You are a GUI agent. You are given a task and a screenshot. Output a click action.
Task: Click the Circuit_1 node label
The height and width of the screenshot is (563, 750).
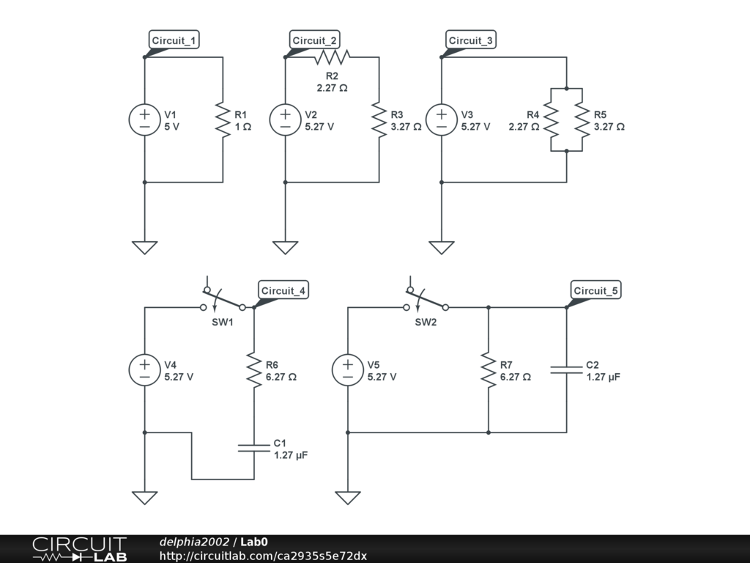[x=174, y=40]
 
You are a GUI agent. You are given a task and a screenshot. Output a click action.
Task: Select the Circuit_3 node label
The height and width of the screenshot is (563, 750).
[x=470, y=40]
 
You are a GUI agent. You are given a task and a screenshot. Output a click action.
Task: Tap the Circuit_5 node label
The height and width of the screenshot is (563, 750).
[x=595, y=291]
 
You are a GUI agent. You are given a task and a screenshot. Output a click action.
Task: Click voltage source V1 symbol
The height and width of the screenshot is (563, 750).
[x=144, y=120]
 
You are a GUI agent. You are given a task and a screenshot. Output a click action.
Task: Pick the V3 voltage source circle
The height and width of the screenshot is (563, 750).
[x=441, y=120]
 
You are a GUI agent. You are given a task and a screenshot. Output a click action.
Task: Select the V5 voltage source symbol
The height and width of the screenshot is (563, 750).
[x=348, y=371]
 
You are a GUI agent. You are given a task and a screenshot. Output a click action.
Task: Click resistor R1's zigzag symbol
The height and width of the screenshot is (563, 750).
[x=223, y=120]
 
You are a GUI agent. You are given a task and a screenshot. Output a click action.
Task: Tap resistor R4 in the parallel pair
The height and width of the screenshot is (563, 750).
[x=552, y=120]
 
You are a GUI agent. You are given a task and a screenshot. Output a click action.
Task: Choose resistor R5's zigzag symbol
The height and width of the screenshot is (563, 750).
[x=582, y=120]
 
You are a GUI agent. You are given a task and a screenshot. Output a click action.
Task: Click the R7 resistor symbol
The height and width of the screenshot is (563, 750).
[x=489, y=371]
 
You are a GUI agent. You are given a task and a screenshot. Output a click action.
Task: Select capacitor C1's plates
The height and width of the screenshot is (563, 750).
[x=254, y=448]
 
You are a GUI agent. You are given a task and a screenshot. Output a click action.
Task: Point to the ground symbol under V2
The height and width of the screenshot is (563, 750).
[x=285, y=247]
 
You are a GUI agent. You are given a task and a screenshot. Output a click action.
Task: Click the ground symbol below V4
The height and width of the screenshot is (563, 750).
[x=144, y=498]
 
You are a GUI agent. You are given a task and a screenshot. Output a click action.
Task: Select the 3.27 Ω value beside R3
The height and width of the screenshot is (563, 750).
[x=406, y=126]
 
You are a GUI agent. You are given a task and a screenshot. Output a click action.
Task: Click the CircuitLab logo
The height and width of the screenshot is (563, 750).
[x=79, y=549]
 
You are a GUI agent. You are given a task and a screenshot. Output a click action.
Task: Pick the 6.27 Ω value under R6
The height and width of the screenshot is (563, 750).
[x=281, y=377]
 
